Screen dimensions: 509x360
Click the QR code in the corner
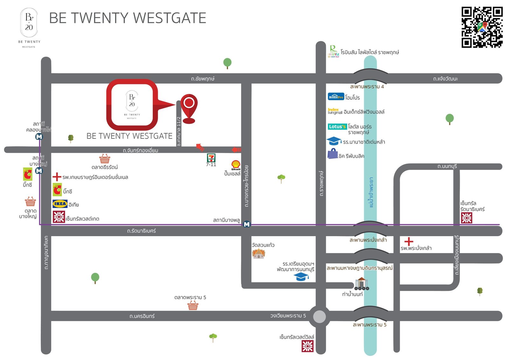[482, 27]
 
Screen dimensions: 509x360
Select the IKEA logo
[60, 204]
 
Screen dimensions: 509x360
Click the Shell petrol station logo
[236, 165]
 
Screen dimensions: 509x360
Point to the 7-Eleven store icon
[211, 158]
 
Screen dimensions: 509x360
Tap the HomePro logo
[336, 97]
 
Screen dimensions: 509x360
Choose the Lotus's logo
[337, 127]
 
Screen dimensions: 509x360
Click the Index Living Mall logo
[335, 111]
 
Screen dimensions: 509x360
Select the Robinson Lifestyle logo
[333, 51]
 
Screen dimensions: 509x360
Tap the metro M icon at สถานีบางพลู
[247, 224]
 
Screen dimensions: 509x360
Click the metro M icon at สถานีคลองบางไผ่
[39, 137]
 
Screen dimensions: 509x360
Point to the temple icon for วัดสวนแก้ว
[259, 254]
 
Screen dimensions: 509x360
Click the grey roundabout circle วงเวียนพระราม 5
[319, 317]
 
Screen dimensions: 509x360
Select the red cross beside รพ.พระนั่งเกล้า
[409, 242]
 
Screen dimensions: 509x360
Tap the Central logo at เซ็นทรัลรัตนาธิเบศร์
[467, 218]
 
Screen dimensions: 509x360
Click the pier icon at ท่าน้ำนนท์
[362, 284]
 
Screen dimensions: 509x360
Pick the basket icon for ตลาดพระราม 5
[193, 306]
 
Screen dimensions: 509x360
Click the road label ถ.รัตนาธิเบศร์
[141, 231]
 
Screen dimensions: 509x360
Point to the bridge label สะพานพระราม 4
[367, 87]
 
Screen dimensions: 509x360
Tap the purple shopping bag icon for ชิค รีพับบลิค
[332, 154]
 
